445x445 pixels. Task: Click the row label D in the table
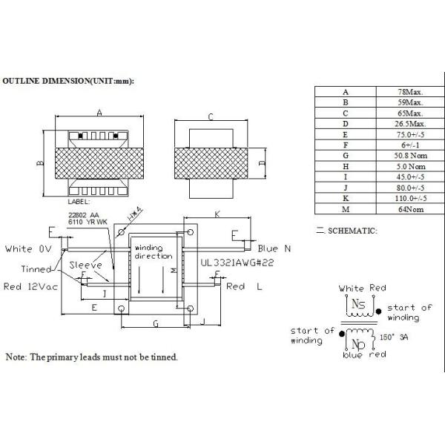[345, 123]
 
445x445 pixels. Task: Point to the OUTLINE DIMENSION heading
[72, 79]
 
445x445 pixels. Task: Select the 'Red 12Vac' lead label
[31, 286]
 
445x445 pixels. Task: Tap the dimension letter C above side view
[211, 116]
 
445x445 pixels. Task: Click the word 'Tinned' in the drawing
[36, 268]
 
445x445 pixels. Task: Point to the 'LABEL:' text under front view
[79, 201]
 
